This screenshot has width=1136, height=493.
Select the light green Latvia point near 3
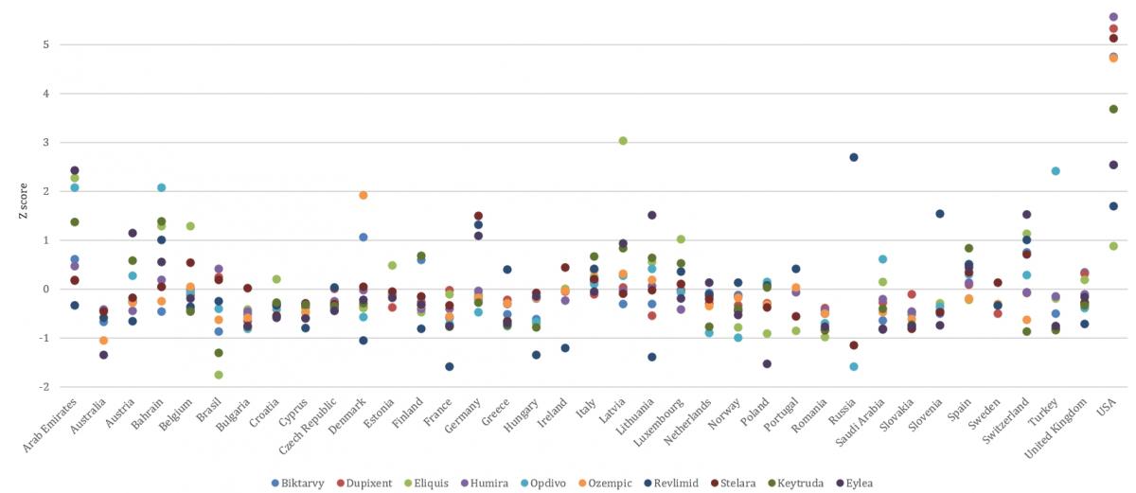[x=623, y=141]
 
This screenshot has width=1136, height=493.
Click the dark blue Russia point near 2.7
[x=853, y=157]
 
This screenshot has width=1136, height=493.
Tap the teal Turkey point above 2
[x=1056, y=171]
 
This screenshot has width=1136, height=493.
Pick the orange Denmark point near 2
[x=364, y=195]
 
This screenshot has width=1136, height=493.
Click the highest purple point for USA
[x=1113, y=17]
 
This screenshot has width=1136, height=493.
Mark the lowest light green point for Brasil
[x=219, y=375]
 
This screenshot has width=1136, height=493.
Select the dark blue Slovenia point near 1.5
[x=940, y=214]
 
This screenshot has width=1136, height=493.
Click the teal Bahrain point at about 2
[x=161, y=187]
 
